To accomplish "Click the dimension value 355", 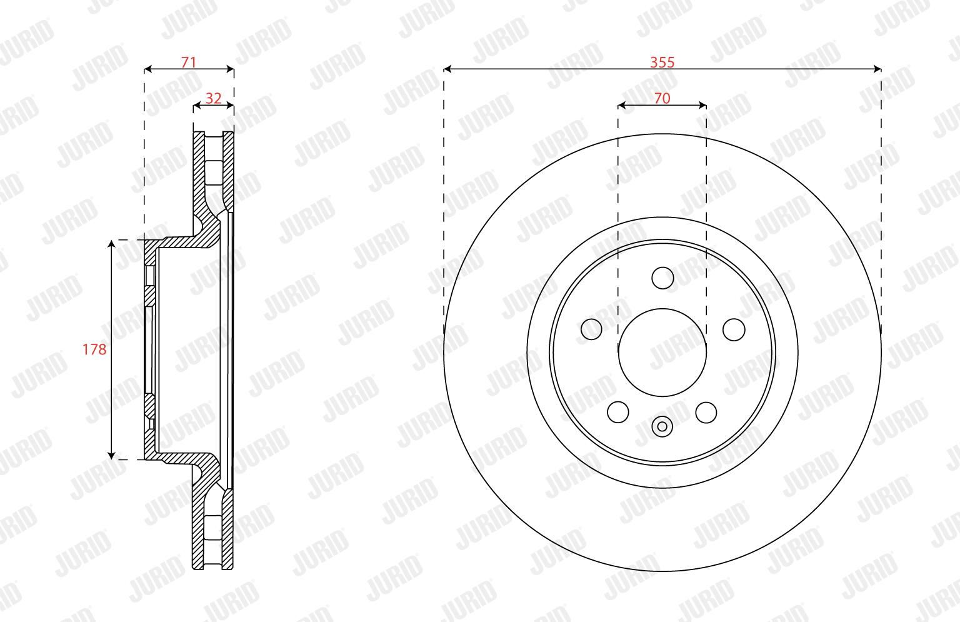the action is (662, 62).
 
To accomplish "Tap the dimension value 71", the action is (189, 62).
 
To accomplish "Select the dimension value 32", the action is (213, 99).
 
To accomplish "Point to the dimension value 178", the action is (94, 349).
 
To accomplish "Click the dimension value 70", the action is (662, 99).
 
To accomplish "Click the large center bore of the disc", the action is (662, 353).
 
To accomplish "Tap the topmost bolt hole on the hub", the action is (662, 278).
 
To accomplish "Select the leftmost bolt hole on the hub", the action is (591, 329).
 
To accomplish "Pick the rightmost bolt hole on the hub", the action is (734, 329).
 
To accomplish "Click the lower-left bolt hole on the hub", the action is (618, 413).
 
